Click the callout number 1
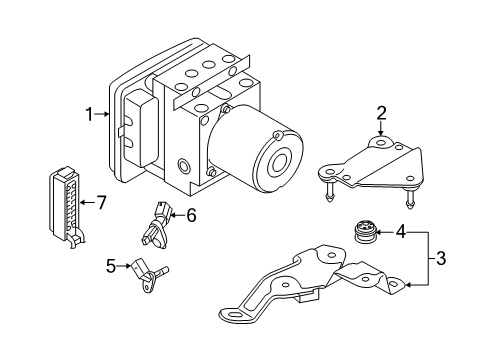tap(89, 114)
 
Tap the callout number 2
tap(382, 113)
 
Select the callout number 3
tap(441, 258)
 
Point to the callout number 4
tap(401, 231)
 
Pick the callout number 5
tap(111, 266)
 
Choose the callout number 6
tap(191, 215)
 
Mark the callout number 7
tap(101, 202)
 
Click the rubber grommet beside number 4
tap(365, 232)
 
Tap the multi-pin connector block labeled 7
tap(66, 207)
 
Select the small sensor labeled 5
tap(148, 275)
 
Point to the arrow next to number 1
tap(101, 114)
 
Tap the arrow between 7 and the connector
tap(87, 202)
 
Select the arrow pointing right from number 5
tap(124, 266)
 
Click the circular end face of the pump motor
tap(278, 163)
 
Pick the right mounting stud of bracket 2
tap(409, 199)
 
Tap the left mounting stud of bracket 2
tap(327, 191)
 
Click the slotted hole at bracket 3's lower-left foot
tap(235, 316)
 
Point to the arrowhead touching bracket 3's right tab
tap(409, 285)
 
